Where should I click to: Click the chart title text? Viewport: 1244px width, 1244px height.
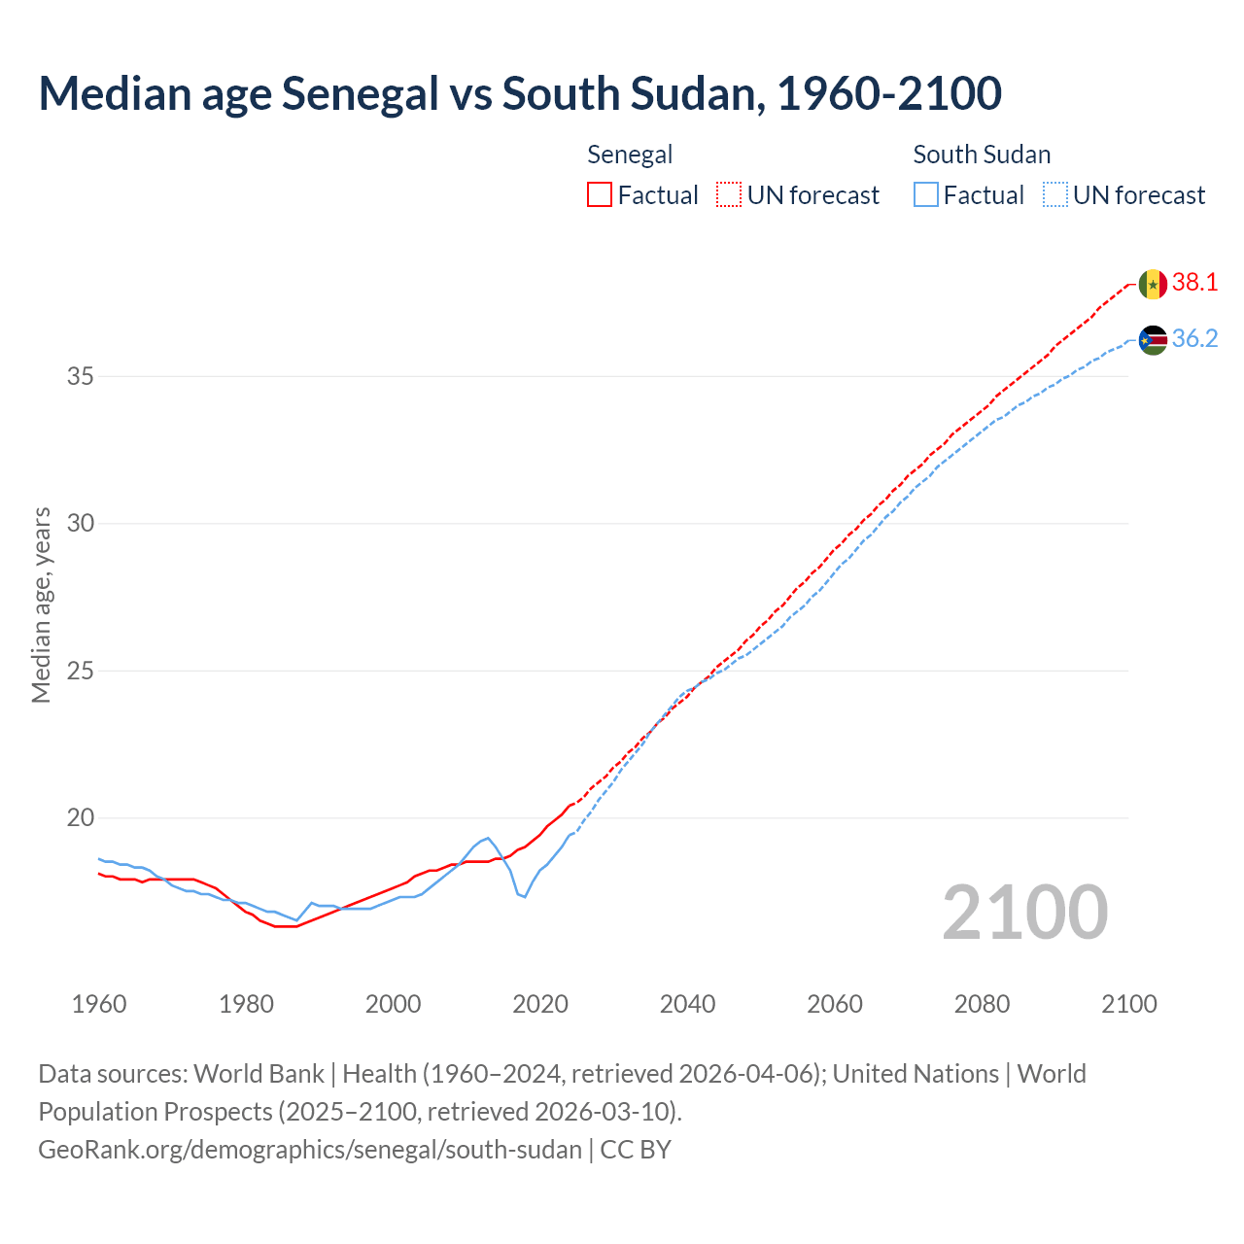click(x=520, y=93)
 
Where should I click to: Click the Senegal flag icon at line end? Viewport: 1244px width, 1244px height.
click(x=1153, y=284)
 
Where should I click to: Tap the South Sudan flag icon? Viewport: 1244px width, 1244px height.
click(x=1153, y=340)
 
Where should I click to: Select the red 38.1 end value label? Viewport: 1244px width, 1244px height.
click(x=1194, y=283)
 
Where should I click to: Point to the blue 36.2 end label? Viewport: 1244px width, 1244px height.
click(x=1194, y=339)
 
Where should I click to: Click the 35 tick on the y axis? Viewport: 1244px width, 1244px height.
click(x=80, y=376)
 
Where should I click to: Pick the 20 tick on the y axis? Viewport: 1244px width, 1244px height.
click(x=80, y=817)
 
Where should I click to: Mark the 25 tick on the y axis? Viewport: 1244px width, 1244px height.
click(x=80, y=671)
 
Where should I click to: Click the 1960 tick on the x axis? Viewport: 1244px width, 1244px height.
click(x=99, y=1004)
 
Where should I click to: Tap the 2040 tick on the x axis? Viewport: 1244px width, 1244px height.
click(x=687, y=1004)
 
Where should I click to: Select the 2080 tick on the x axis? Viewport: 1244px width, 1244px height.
click(x=982, y=1004)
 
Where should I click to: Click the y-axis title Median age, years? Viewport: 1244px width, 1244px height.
click(x=41, y=605)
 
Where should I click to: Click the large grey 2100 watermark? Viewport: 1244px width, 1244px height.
click(x=1024, y=912)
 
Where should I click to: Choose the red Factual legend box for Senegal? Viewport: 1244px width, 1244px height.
click(x=600, y=194)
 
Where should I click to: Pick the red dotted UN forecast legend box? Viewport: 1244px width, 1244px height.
click(x=729, y=194)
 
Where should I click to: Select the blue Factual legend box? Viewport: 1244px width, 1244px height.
click(x=926, y=194)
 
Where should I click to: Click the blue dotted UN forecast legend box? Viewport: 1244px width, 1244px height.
click(x=1055, y=194)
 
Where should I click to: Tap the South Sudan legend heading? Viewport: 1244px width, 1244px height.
click(x=982, y=155)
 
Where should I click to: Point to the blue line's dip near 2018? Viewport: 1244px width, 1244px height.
click(x=525, y=896)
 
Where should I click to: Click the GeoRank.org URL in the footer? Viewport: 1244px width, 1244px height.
click(x=310, y=1150)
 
